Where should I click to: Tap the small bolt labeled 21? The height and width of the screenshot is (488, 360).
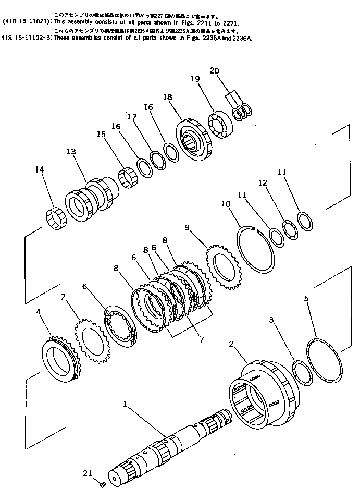click(x=103, y=484)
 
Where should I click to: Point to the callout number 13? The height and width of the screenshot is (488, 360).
click(x=71, y=151)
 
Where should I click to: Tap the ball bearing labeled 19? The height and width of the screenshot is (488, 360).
click(x=220, y=125)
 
